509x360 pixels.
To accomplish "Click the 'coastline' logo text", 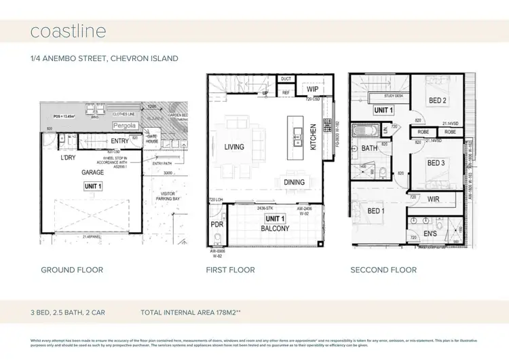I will click(68, 31).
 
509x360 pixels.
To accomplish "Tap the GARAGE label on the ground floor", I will click(93, 173).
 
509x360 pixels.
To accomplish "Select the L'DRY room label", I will click(68, 158).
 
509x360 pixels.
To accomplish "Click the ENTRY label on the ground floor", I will click(120, 141).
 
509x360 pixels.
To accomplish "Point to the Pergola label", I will click(124, 126).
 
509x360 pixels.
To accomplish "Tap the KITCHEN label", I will click(314, 137).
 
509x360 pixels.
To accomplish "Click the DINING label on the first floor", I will click(294, 181).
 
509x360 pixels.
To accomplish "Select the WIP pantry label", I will click(312, 89).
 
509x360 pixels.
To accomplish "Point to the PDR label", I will click(217, 223).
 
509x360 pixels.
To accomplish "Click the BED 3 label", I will click(436, 164).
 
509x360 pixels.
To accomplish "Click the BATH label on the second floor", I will click(369, 147).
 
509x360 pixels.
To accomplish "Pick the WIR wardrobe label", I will click(435, 199).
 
